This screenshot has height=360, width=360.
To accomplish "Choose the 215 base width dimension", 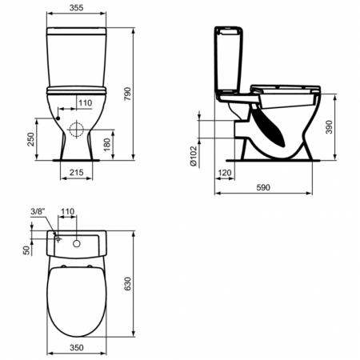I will coord(75,172).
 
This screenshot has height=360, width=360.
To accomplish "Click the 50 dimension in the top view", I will coord(28,250).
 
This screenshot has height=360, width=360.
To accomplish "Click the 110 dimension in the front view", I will coord(86,103).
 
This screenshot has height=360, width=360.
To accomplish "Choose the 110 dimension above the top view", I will coord(67,212).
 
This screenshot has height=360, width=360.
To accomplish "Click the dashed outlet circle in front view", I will coord(76,130).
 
